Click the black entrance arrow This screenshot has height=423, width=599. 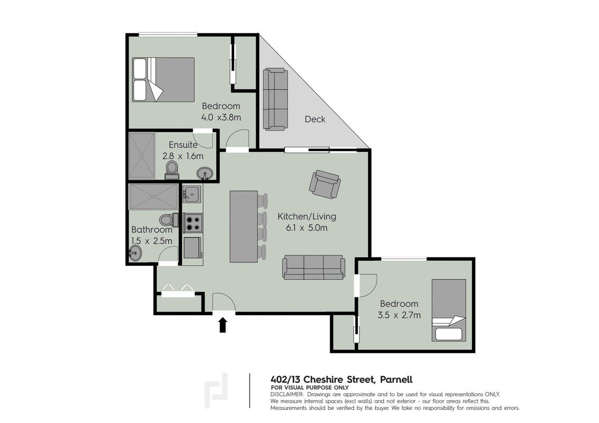click(223, 325)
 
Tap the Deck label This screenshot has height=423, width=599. click(315, 119)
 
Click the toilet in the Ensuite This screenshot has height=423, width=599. click(172, 170)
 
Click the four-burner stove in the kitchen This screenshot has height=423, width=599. click(193, 224)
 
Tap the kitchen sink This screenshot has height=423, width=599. click(192, 195)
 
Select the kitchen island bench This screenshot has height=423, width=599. click(243, 227)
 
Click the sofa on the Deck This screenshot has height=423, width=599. click(275, 99)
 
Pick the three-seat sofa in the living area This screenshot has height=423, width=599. click(314, 268)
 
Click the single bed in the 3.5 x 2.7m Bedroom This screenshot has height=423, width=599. click(449, 310)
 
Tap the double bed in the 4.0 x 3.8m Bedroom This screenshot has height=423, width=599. click(163, 79)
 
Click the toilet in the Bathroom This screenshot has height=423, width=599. click(169, 220)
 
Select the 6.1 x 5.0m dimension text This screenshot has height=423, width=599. click(307, 228)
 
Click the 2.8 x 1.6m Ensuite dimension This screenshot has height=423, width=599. click(182, 156)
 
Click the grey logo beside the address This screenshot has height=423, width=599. click(216, 390)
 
